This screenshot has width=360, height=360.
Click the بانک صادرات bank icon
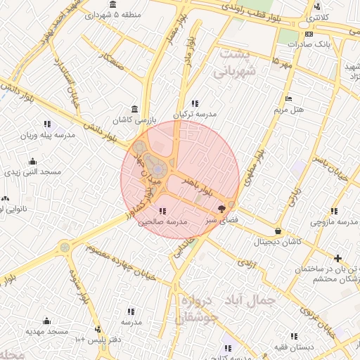pos(309,34)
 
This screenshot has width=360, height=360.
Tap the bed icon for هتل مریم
pos(287,98)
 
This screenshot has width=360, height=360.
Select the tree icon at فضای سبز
pos(223,208)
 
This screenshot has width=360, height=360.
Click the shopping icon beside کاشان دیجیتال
pos(278,231)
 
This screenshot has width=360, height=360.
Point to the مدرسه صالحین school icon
pos(162,210)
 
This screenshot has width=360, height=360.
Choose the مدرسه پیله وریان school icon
pos(47,123)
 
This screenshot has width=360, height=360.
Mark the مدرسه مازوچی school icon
pos(333,210)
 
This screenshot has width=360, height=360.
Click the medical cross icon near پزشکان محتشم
pos(338,258)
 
